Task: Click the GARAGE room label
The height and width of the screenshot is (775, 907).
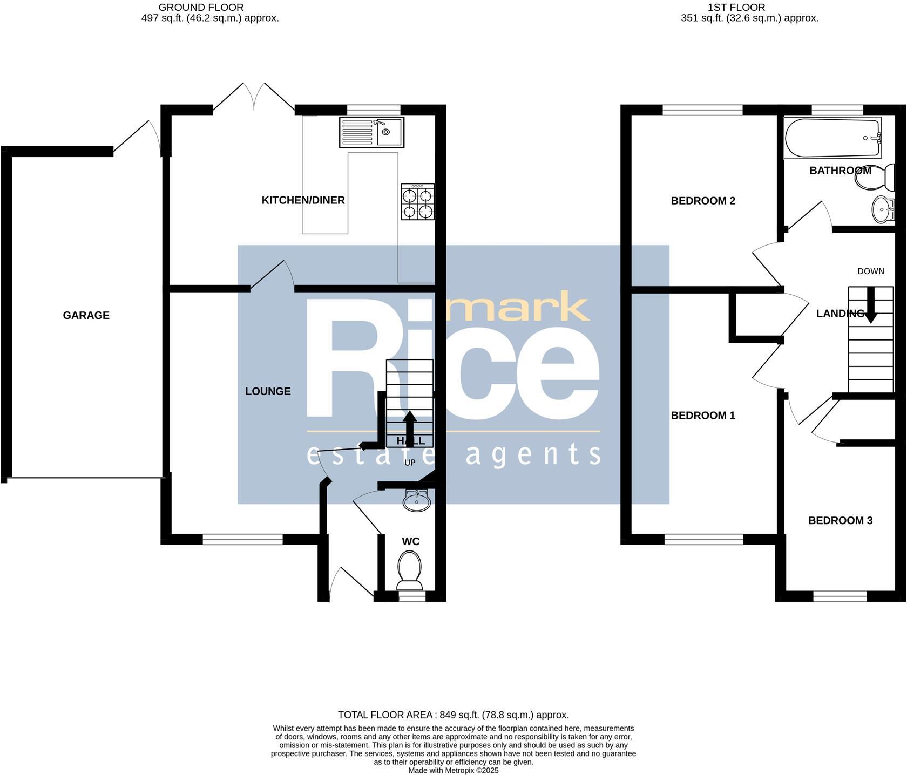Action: [x=86, y=315]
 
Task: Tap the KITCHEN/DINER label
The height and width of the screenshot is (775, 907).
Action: [x=303, y=200]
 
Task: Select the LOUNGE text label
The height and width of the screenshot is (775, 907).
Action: [x=268, y=391]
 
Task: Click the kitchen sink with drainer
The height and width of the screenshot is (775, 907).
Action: [x=371, y=132]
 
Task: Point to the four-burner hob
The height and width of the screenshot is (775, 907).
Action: [x=417, y=202]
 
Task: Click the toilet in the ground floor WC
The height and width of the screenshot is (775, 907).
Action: [x=409, y=570]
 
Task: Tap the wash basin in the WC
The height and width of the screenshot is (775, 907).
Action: [x=416, y=501]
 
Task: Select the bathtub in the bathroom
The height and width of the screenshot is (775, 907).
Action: [x=832, y=138]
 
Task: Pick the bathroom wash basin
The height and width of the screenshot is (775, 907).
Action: [x=884, y=208]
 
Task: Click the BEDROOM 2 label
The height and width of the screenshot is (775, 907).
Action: [x=703, y=201]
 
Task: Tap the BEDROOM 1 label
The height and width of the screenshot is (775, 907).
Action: [x=703, y=416]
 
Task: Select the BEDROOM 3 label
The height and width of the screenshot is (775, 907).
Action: [x=840, y=521]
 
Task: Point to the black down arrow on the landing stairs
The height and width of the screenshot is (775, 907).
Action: [x=870, y=306]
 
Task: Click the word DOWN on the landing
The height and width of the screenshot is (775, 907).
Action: [x=870, y=271]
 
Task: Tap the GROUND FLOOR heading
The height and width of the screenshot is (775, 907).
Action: [x=201, y=8]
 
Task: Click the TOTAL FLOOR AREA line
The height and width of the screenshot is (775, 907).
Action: [x=453, y=715]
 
